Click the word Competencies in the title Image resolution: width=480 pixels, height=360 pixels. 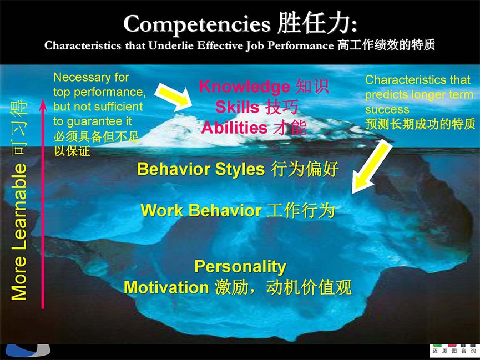pos(197,24)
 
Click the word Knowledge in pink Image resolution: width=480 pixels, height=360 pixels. pos(244,87)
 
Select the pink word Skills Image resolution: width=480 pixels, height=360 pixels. pos(238,107)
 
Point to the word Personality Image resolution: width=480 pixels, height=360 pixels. pos(240,267)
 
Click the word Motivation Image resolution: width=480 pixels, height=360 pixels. pos(166,288)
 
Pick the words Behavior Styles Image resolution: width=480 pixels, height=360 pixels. pos(201,169)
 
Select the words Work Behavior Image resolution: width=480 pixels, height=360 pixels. pos(201,211)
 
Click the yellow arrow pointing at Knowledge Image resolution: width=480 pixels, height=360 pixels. pos(173,96)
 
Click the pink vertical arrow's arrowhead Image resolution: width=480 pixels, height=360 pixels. pos(43,105)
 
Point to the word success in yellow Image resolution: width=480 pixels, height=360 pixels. pos(387,110)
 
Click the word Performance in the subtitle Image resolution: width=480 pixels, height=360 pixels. pos(300,45)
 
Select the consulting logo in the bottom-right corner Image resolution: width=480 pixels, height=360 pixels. pos(454,350)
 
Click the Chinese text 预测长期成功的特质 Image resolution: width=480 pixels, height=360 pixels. pos(420,124)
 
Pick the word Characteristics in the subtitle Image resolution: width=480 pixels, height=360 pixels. pos(83,45)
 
